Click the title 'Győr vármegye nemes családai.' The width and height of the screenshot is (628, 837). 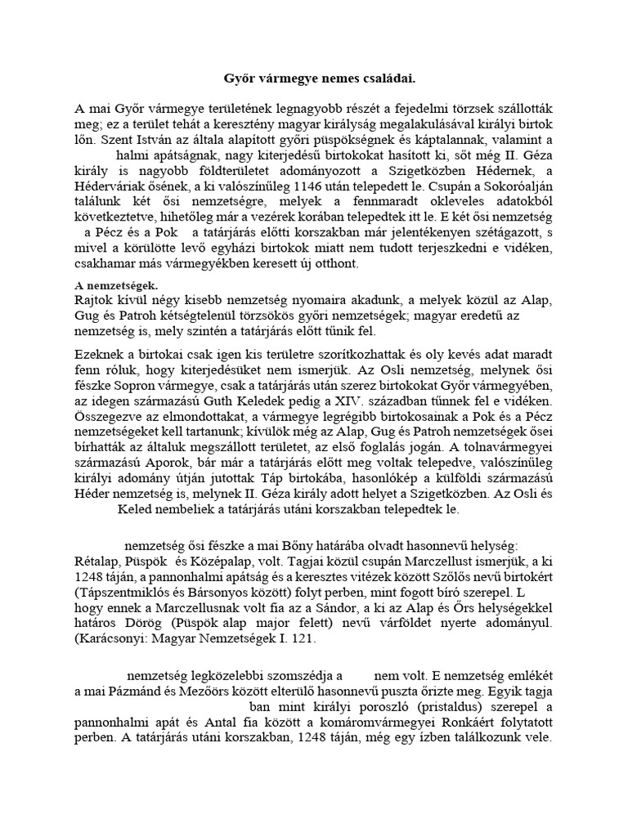[314, 79]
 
